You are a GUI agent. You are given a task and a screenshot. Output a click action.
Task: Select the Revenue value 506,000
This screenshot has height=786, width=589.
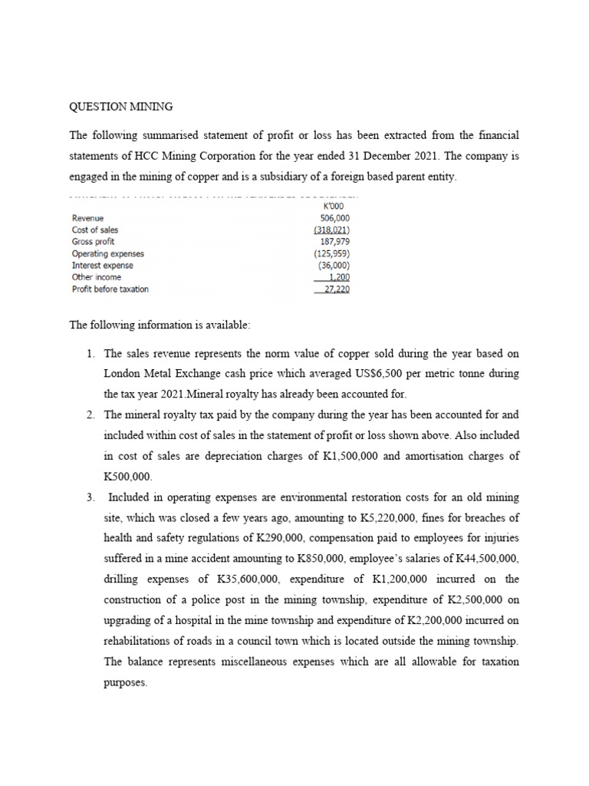click(335, 219)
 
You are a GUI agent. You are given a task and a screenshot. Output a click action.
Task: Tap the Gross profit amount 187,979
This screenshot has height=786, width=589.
click(335, 242)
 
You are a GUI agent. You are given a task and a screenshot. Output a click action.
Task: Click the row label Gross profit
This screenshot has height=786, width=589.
click(93, 242)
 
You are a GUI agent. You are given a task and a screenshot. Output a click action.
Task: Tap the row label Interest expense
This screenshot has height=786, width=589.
click(102, 266)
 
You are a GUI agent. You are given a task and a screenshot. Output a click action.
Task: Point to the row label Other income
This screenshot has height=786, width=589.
click(96, 277)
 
